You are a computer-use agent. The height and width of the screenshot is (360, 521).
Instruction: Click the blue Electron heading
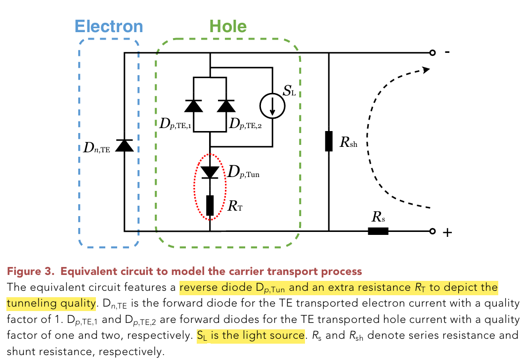point(109,26)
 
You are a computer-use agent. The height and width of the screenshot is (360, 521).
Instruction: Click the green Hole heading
point(228,26)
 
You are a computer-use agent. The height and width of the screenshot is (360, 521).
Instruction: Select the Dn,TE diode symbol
point(124,145)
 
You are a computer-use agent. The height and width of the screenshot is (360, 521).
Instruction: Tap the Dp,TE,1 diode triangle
point(192,106)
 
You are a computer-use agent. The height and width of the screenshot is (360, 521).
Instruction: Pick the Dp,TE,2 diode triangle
point(227,106)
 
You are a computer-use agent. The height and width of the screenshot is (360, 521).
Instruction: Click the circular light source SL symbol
point(272,106)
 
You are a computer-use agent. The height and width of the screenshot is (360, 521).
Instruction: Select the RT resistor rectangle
point(211,205)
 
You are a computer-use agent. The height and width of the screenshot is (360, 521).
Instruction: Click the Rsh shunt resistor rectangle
point(329,141)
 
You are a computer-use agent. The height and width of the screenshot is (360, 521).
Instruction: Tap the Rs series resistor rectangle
point(378,231)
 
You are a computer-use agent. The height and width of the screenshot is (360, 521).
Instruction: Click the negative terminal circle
point(433,52)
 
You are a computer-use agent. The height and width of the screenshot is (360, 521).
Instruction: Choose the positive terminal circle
point(433,231)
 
